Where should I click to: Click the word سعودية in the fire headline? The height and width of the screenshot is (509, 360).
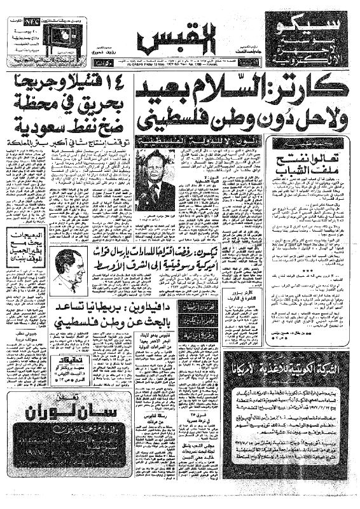coord(32,122)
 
